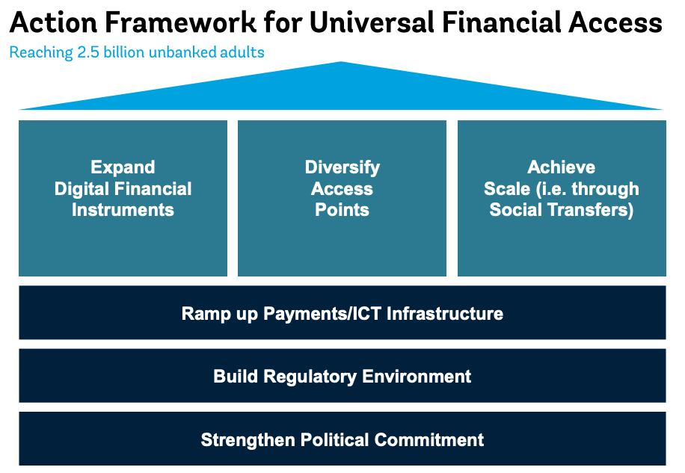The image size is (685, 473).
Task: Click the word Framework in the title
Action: pyautogui.click(x=180, y=22)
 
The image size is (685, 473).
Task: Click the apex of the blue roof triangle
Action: pyautogui.click(x=341, y=62)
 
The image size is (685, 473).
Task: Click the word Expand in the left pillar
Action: pyautogui.click(x=123, y=167)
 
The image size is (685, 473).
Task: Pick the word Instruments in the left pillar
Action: pyautogui.click(x=123, y=210)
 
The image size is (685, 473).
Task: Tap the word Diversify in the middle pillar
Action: pyautogui.click(x=342, y=168)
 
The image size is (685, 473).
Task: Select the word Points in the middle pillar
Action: pyautogui.click(x=342, y=210)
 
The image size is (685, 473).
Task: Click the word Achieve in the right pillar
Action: pyautogui.click(x=562, y=167)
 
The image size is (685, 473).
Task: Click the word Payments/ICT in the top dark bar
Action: pyautogui.click(x=322, y=314)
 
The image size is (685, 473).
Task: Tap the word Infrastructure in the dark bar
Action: pyautogui.click(x=445, y=314)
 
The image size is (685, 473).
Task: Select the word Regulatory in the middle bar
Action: pyautogui.click(x=310, y=377)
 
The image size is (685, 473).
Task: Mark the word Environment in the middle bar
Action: pyautogui.click(x=417, y=377)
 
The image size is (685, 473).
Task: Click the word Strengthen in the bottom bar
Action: pyautogui.click(x=248, y=440)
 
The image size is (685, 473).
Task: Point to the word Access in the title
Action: pyautogui.click(x=615, y=22)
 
